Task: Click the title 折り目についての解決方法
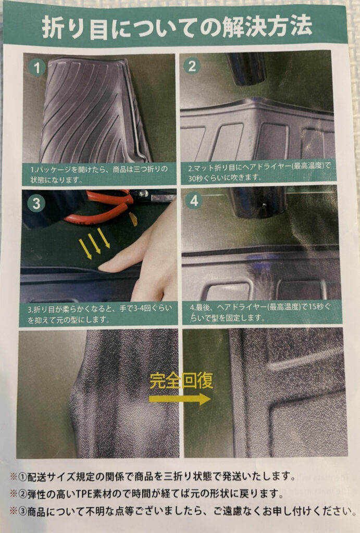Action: pos(177,27)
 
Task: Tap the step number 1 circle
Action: pos(37,67)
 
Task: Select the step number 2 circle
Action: pos(192,66)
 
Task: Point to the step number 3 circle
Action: pos(36,204)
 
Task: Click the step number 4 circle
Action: pos(194,200)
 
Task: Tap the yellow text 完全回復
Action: pos(181,380)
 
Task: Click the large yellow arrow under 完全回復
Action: pos(180,399)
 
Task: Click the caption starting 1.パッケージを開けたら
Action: pos(99,174)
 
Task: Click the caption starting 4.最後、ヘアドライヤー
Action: pos(260,312)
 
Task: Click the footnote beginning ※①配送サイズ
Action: pos(153,476)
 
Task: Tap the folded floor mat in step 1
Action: pos(95,110)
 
